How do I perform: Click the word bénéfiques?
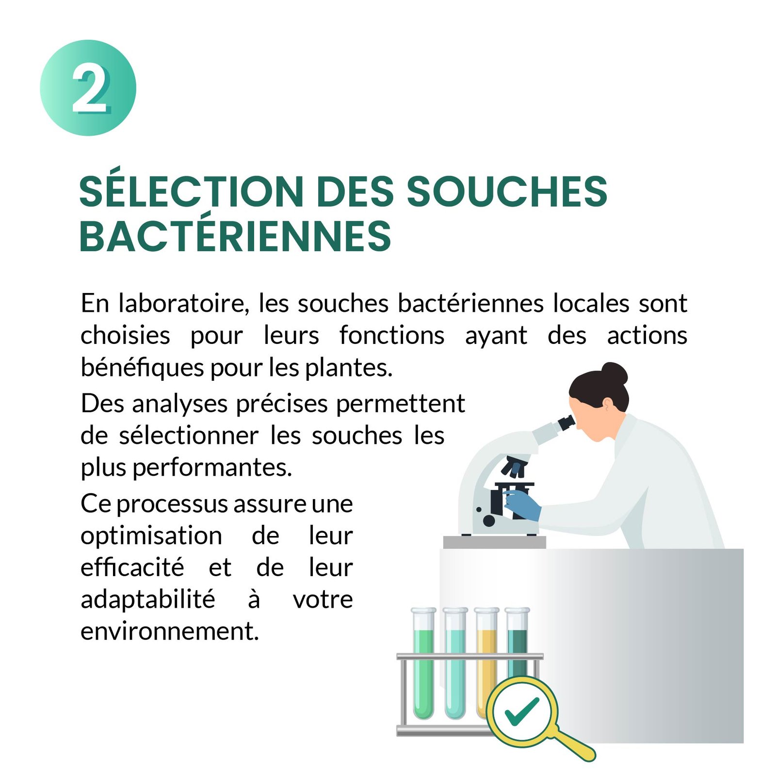(x=143, y=367)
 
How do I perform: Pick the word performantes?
(x=212, y=468)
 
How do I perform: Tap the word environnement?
(x=170, y=631)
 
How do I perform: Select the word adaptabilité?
(x=148, y=599)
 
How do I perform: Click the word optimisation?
(x=151, y=536)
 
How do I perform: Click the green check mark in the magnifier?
(x=521, y=711)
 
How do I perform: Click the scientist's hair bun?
(x=614, y=374)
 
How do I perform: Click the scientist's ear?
(x=607, y=403)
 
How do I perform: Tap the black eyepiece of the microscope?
(x=566, y=422)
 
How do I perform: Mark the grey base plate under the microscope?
(x=495, y=542)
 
